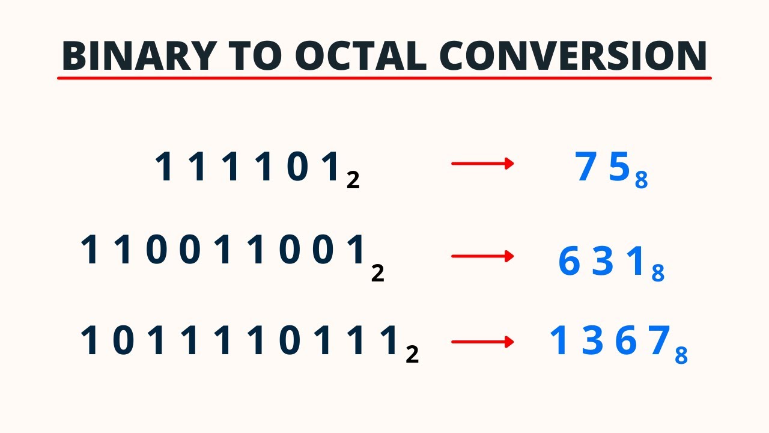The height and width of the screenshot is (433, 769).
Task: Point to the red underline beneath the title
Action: tap(384, 78)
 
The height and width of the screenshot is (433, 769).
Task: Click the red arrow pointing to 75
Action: tap(482, 164)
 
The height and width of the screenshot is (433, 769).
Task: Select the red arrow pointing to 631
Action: tap(482, 257)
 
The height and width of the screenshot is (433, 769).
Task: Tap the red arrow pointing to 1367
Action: tap(482, 342)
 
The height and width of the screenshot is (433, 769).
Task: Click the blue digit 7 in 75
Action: tap(586, 167)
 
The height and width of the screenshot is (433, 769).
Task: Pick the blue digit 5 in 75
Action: tap(619, 167)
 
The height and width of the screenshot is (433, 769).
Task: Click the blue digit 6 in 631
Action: tap(568, 262)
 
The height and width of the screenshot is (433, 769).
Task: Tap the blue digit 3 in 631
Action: tap(602, 262)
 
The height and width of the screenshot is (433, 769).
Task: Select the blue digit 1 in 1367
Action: tap(559, 341)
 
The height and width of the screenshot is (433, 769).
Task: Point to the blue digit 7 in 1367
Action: tap(660, 341)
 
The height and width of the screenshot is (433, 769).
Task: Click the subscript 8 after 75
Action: tap(642, 180)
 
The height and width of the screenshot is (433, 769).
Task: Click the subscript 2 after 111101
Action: tap(353, 180)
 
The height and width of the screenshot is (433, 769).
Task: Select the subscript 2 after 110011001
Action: tap(377, 274)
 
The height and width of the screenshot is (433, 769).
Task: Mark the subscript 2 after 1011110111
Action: tap(412, 355)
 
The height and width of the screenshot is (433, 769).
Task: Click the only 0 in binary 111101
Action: tap(297, 167)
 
